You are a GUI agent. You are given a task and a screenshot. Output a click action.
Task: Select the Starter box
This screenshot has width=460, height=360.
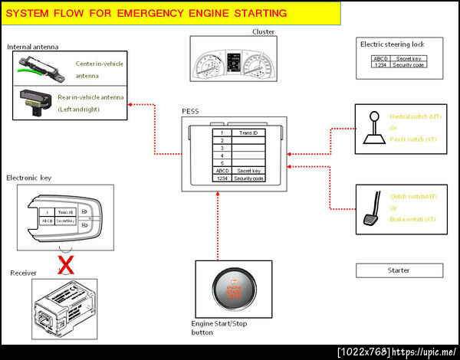pyautogui.click(x=399, y=270)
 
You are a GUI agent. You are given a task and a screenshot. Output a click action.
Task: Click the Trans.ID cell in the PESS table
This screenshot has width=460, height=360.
pyautogui.click(x=248, y=133)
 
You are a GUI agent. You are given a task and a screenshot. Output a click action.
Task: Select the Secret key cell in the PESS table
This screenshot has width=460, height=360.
pyautogui.click(x=249, y=171)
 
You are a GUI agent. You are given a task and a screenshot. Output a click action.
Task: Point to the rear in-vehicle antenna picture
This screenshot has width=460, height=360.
pyautogui.click(x=34, y=100)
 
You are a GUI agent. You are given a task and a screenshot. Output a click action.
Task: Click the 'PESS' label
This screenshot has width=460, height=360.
pyautogui.click(x=190, y=111)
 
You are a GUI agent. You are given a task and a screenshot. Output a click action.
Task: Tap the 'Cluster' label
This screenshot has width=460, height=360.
pyautogui.click(x=263, y=31)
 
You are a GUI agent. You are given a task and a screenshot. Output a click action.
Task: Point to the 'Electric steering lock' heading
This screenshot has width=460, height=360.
pyautogui.click(x=392, y=44)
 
